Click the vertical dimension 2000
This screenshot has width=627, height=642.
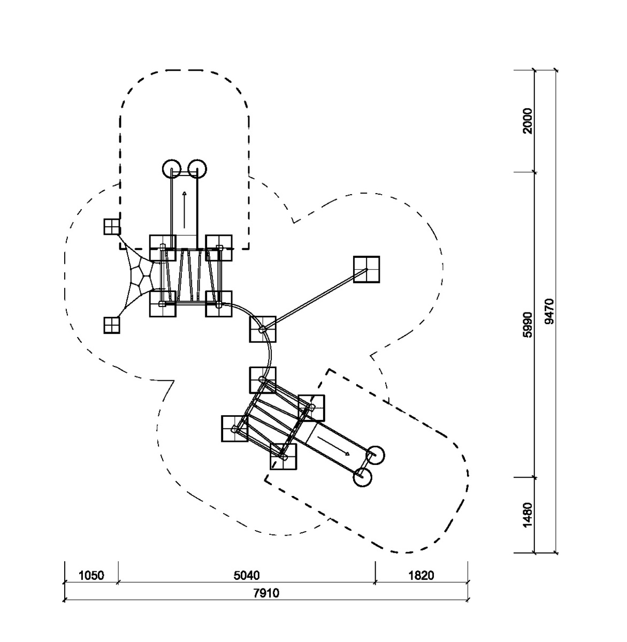pyautogui.click(x=527, y=121)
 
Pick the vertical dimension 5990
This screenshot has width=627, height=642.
pyautogui.click(x=527, y=324)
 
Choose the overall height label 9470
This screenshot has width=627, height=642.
pyautogui.click(x=549, y=311)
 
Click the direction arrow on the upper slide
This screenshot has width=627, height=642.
pyautogui.click(x=185, y=210)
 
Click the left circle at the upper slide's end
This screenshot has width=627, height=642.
pyautogui.click(x=172, y=169)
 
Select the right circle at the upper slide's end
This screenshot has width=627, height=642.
pyautogui.click(x=197, y=169)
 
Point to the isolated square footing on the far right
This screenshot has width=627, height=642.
pyautogui.click(x=366, y=269)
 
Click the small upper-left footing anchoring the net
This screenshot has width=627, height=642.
pyautogui.click(x=112, y=227)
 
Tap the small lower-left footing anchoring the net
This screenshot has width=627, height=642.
pyautogui.click(x=112, y=325)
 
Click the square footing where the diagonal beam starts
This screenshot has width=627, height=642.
pyautogui.click(x=263, y=329)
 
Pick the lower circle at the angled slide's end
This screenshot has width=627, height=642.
pyautogui.click(x=363, y=477)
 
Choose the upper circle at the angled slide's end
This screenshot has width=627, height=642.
pyautogui.click(x=375, y=455)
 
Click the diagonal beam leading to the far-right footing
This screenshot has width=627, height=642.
pyautogui.click(x=315, y=299)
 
